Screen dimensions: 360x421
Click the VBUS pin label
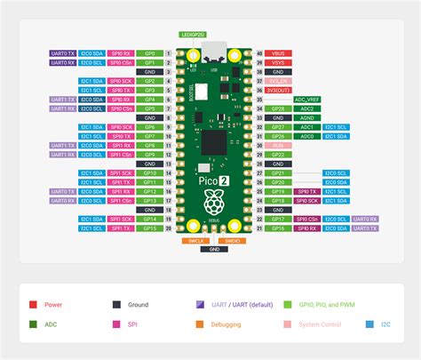[278, 54]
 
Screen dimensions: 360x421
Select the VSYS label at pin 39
[278, 63]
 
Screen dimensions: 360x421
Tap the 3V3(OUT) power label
[278, 90]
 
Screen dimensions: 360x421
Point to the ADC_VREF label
[307, 100]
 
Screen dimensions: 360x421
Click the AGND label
[307, 117]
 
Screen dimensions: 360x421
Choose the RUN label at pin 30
[278, 145]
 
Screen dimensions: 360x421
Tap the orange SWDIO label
[232, 240]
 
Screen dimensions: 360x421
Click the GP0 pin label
[150, 54]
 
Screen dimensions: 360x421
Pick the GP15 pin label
[150, 228]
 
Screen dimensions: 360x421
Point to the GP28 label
[278, 108]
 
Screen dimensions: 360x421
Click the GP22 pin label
[278, 154]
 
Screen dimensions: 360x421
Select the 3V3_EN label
[278, 81]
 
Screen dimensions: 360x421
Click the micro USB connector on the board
[213, 58]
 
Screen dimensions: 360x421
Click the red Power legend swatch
[33, 304]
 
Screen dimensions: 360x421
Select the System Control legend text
[321, 324]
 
